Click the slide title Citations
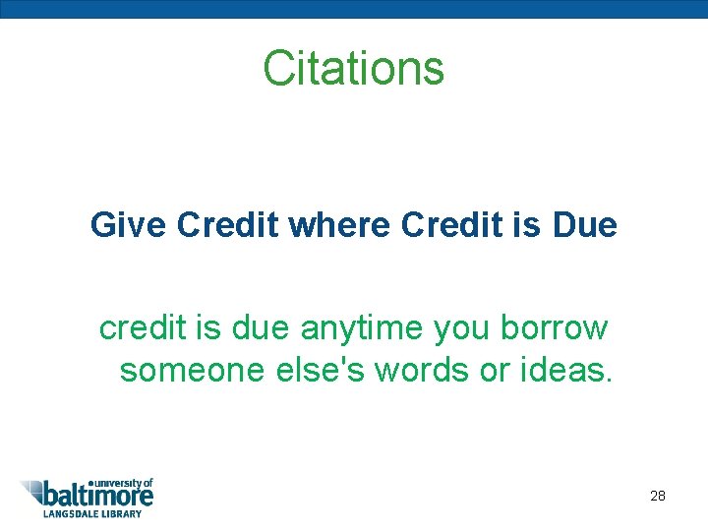(354, 69)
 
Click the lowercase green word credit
(143, 327)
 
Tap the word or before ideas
(505, 372)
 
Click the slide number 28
(658, 496)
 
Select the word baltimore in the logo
(98, 496)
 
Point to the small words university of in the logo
(124, 482)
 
